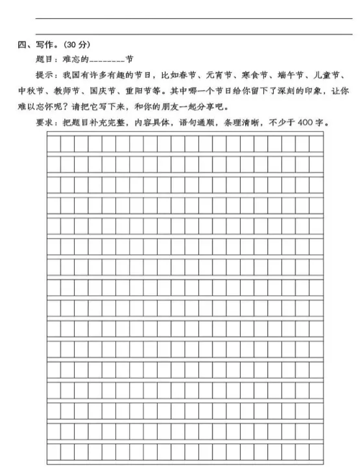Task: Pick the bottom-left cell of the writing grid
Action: [54, 453]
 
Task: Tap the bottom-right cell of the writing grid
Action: [315, 453]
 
